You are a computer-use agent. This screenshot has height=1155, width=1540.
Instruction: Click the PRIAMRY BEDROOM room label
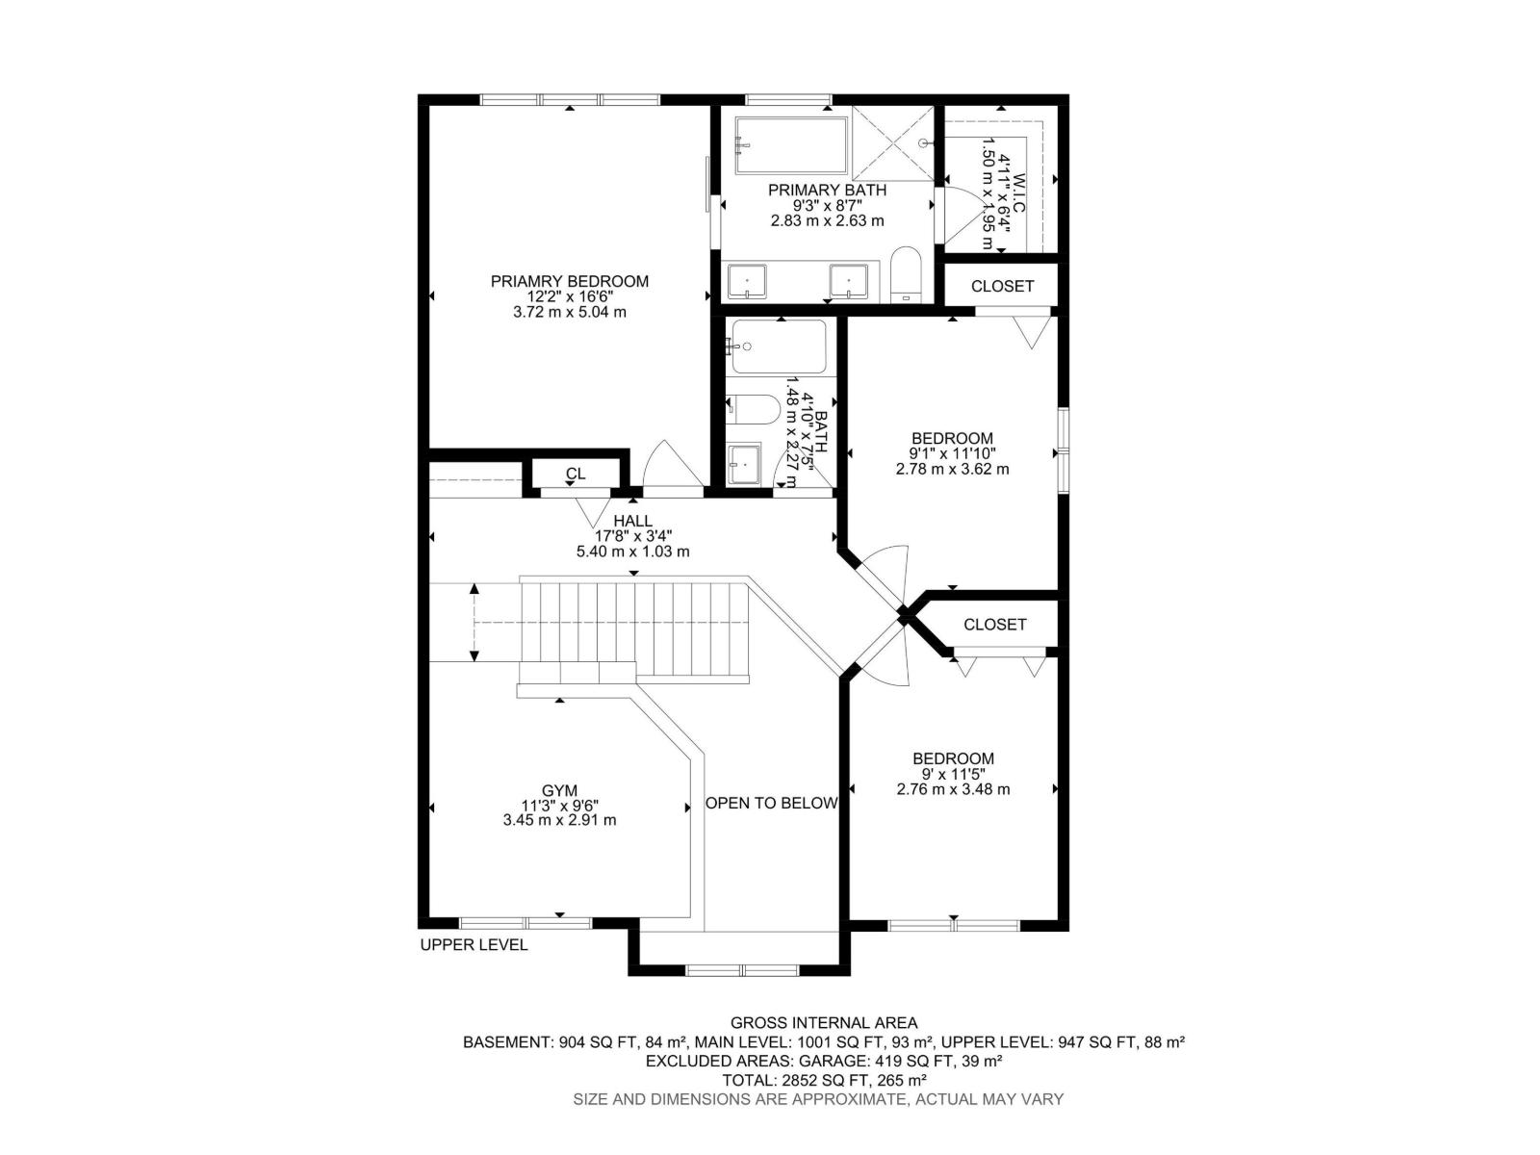tap(569, 281)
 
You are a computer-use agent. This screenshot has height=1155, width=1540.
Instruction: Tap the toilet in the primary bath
tap(907, 274)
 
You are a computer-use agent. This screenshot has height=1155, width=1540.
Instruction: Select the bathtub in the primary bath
tap(791, 145)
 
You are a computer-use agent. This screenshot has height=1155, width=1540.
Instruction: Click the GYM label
tap(559, 790)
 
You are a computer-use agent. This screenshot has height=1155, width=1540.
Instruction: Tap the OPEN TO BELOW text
tap(771, 803)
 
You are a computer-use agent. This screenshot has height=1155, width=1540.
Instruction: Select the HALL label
tap(632, 521)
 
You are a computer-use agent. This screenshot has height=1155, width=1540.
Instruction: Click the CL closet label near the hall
tap(576, 474)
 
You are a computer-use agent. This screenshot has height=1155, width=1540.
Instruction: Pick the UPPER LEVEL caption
tap(474, 944)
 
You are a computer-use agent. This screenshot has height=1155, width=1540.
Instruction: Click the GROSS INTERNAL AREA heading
tap(824, 1023)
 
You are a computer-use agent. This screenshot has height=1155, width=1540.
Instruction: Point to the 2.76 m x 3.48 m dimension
tap(953, 789)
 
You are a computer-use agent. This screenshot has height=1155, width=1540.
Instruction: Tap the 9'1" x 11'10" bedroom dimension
tap(953, 453)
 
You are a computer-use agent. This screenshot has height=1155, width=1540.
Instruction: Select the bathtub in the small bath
tap(778, 346)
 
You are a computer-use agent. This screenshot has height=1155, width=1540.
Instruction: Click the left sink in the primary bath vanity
tap(746, 280)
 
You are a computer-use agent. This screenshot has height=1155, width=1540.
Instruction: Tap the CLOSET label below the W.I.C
tap(1002, 286)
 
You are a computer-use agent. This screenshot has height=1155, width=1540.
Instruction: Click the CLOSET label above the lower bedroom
tap(994, 624)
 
